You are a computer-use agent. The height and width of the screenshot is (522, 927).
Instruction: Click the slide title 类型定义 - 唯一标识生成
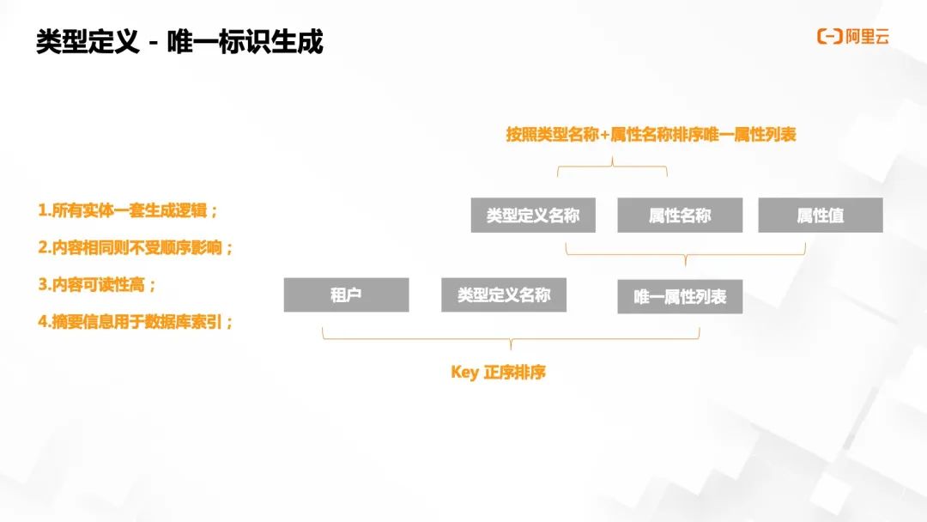179,42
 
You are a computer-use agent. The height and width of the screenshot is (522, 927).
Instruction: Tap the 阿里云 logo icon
829,36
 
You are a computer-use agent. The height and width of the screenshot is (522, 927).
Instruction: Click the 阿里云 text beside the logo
866,36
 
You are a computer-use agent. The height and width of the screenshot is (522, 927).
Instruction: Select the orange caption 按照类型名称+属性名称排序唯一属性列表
651,135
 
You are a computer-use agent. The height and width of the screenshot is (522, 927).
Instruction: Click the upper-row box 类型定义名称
532,215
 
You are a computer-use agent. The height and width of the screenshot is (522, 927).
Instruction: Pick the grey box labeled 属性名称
680,215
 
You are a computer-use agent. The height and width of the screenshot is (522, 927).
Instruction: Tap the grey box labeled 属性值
820,215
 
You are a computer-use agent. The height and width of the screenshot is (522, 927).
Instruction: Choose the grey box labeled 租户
346,294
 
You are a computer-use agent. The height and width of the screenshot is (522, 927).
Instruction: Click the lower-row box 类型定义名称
503,294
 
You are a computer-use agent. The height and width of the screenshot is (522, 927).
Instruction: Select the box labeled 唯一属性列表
680,296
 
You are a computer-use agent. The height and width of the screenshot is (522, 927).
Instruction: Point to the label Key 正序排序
498,373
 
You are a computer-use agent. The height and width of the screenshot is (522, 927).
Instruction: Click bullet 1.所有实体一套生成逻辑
128,210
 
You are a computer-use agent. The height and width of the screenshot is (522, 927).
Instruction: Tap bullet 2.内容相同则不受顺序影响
136,247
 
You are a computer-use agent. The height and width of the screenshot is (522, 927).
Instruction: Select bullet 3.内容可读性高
97,284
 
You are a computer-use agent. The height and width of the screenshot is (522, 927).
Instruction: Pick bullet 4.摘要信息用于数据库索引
136,322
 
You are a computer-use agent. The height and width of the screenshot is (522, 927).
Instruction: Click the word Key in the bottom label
463,373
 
